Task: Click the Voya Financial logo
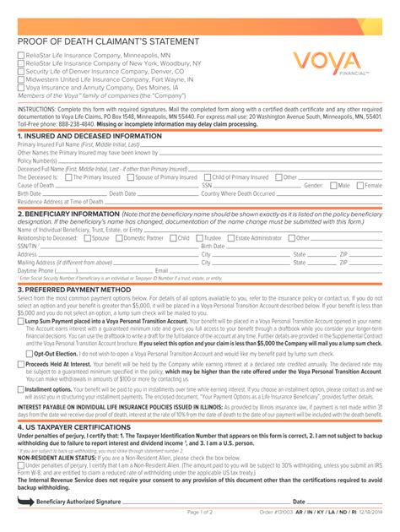pyautogui.click(x=331, y=62)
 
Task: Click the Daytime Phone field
pyautogui.click(x=101, y=270)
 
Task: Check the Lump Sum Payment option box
pyautogui.click(x=22, y=322)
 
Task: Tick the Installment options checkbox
pyautogui.click(x=22, y=388)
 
